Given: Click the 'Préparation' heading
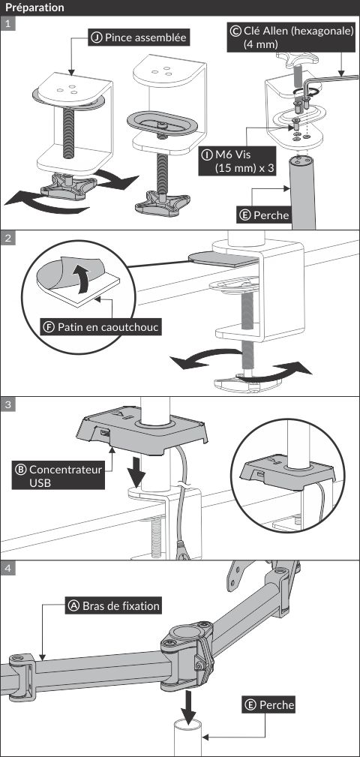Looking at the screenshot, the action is [x=34, y=8].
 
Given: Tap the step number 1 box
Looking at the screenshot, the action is [x=7, y=23].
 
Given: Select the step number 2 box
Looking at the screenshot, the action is [x=7, y=238].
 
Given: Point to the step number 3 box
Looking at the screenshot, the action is [x=7, y=404].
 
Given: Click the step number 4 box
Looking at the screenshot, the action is [x=7, y=568].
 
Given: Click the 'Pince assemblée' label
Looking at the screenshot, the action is [x=139, y=38].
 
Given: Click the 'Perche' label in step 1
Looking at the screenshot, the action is [x=265, y=214].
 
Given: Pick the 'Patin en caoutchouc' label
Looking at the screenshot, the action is [x=100, y=327].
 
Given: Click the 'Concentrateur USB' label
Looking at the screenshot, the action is [x=58, y=476].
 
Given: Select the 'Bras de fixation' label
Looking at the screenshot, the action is [x=113, y=605].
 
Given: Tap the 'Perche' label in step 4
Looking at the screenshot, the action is [x=269, y=705].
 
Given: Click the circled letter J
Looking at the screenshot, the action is [x=97, y=38].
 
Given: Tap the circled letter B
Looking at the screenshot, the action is [x=21, y=469].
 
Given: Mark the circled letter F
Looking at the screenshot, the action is [x=49, y=327].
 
